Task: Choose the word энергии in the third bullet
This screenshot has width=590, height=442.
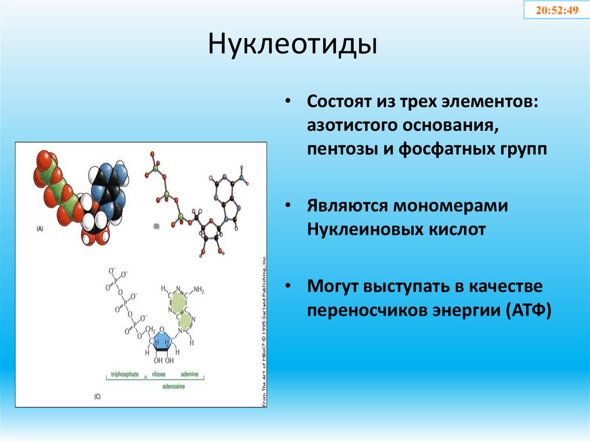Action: click(x=462, y=311)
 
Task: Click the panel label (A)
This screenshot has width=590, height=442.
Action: click(x=39, y=228)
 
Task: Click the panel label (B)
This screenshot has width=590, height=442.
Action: click(x=156, y=226)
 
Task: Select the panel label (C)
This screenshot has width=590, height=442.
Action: click(x=97, y=396)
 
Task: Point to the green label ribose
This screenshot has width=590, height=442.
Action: click(x=159, y=375)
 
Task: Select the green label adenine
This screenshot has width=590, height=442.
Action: click(x=189, y=375)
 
